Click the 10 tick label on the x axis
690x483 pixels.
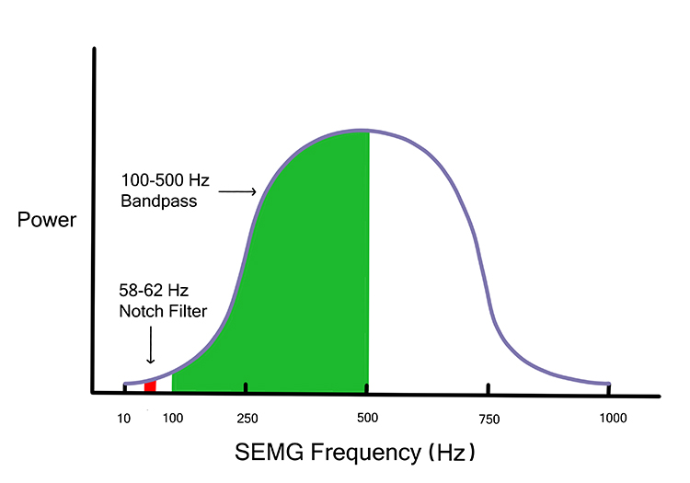coord(123,420)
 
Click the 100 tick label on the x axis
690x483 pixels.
coord(172,420)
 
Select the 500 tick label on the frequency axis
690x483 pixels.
coord(368,420)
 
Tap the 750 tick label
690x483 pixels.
coord(489,420)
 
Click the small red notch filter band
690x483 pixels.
coord(150,385)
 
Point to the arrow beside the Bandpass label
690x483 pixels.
coord(238,192)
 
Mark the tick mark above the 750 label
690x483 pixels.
coord(489,388)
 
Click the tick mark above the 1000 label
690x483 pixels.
coord(608,388)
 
